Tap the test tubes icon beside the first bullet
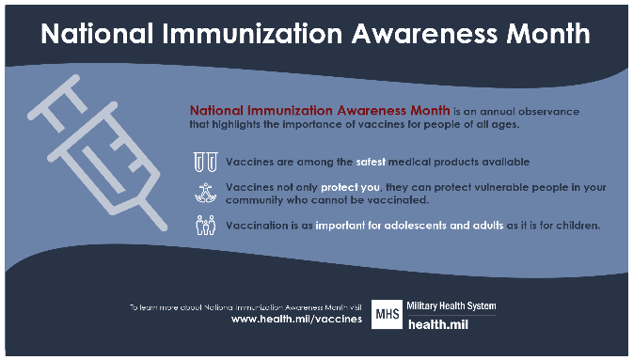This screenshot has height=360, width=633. tap(204, 162)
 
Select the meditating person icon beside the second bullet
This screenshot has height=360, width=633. tap(204, 193)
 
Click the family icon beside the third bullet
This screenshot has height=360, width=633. tap(204, 226)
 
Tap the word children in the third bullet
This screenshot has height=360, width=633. tap(576, 226)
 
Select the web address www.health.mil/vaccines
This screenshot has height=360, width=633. tap(296, 320)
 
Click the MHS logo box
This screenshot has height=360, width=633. tap(388, 314)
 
